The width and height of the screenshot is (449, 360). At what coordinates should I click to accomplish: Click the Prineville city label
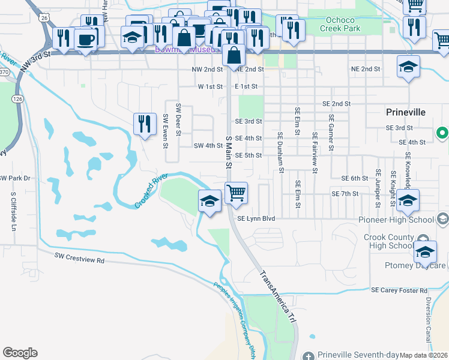(x=405, y=112)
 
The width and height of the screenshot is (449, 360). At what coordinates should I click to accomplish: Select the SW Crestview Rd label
(x=79, y=260)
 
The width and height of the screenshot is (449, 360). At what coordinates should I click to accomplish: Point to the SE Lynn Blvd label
(x=256, y=219)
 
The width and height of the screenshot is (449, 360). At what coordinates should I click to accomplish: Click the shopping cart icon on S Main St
(x=237, y=193)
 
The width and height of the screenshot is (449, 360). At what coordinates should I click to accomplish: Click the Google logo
(x=20, y=353)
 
